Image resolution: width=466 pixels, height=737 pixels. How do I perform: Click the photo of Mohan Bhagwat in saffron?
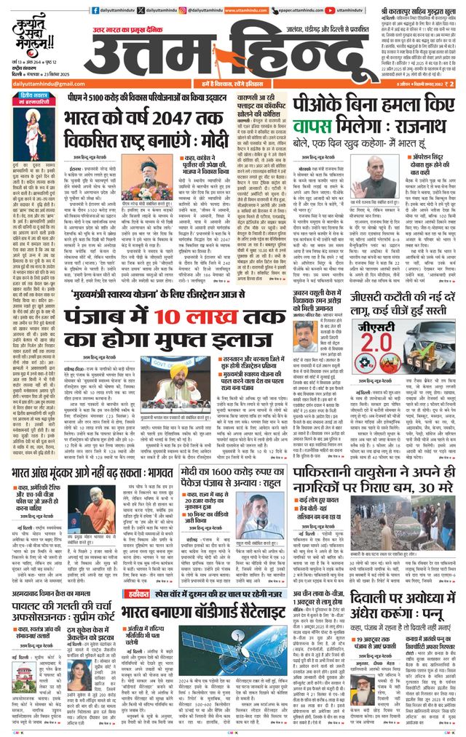[102, 497]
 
